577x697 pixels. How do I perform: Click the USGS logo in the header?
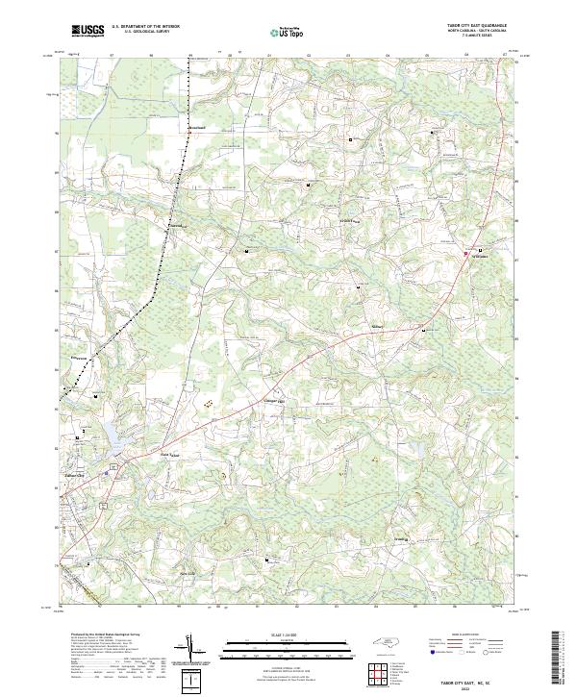click(x=87, y=32)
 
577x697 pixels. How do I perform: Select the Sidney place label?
click(x=378, y=327)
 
